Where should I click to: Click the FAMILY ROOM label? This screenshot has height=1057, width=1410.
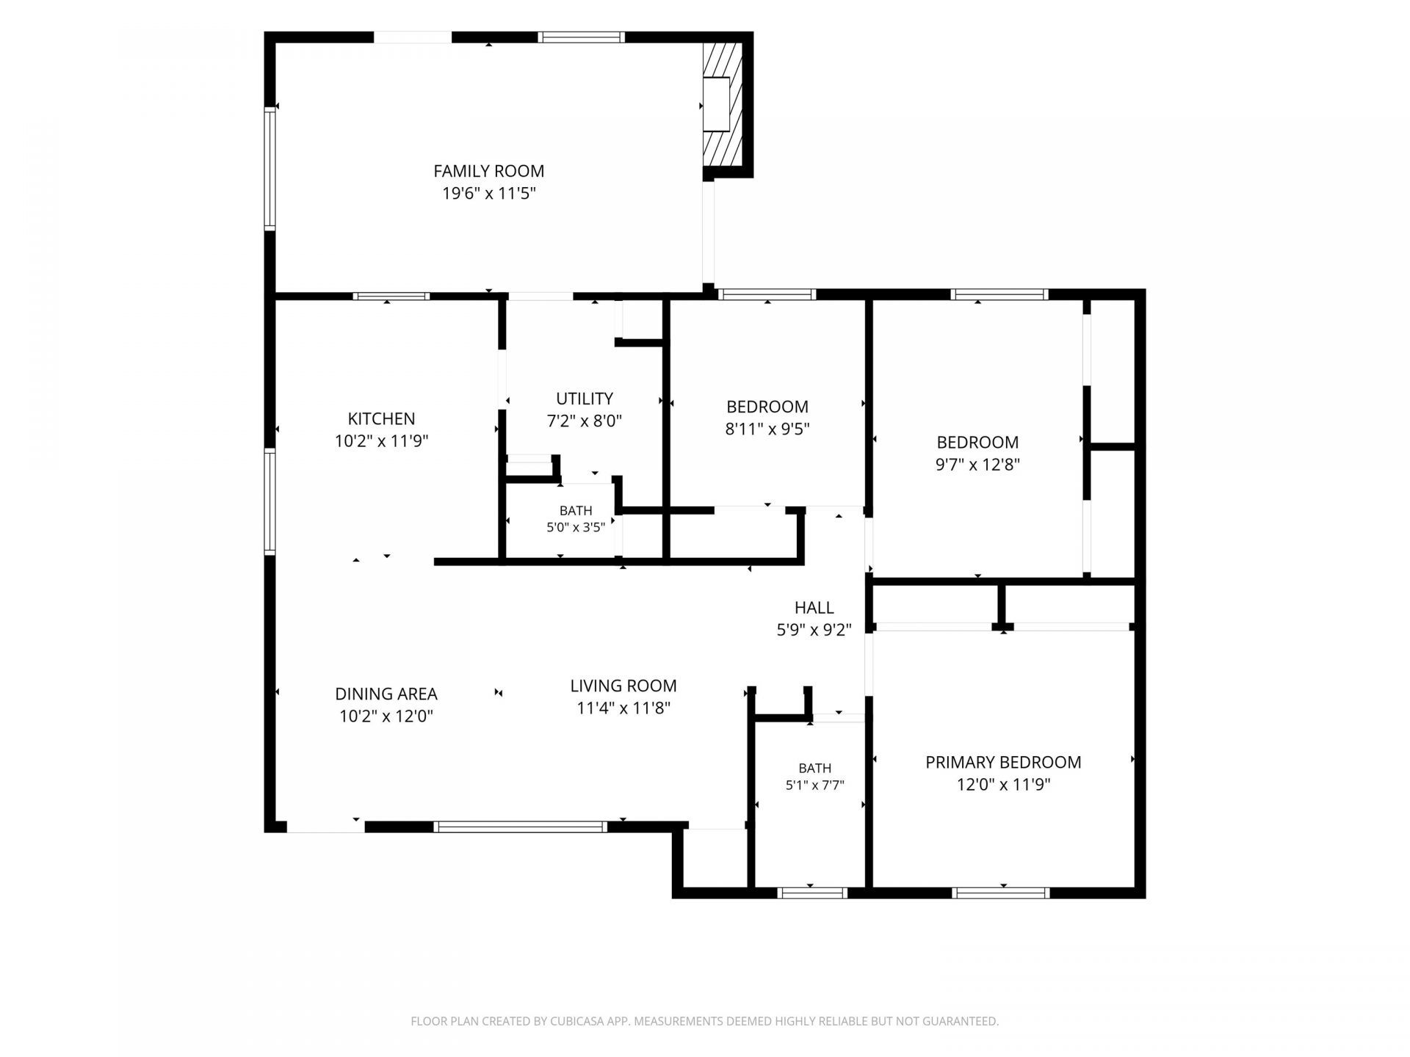click(x=489, y=171)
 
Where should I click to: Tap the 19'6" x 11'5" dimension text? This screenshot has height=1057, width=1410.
click(x=489, y=194)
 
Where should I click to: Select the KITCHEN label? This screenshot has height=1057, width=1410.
click(x=381, y=418)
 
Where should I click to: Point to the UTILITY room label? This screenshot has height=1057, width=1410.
click(x=585, y=399)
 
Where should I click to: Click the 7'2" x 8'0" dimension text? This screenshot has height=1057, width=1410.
click(x=585, y=421)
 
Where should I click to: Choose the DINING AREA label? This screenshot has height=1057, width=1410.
click(x=386, y=694)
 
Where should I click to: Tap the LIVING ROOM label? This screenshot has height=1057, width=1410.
click(x=623, y=686)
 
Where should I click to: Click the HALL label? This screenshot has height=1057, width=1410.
click(x=814, y=608)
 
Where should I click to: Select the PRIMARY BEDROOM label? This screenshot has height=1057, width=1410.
click(x=1003, y=762)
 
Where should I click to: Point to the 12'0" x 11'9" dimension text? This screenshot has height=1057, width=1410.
click(x=1003, y=785)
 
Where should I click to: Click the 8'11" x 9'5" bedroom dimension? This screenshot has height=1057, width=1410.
click(x=767, y=429)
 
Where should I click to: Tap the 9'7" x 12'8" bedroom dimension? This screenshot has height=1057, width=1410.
click(x=977, y=465)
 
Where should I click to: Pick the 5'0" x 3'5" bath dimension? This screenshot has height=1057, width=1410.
click(x=576, y=527)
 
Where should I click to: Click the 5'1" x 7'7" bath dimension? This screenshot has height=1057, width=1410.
click(x=815, y=785)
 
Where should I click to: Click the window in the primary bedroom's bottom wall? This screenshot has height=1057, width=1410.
click(x=1001, y=893)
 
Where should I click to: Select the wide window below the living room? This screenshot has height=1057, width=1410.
click(x=521, y=827)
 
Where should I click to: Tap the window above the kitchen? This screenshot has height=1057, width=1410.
click(x=391, y=297)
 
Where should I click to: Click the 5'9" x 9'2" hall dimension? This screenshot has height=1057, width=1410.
click(x=814, y=630)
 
